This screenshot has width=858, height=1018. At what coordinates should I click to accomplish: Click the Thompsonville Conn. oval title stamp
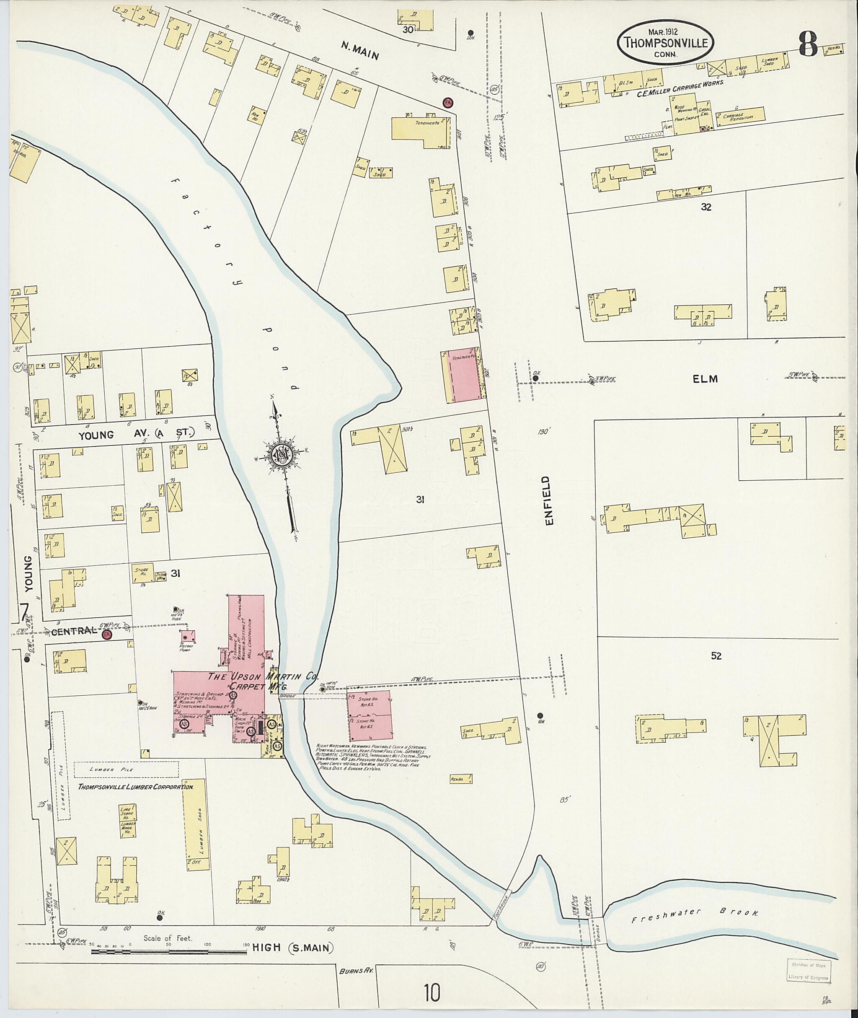coord(666,42)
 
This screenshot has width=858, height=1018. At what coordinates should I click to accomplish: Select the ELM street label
coord(706,379)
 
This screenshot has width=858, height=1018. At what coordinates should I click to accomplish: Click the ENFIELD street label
coord(550,501)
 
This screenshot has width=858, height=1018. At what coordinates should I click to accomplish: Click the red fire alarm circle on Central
coord(107,635)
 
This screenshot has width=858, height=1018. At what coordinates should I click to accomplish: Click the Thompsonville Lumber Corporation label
coord(136,786)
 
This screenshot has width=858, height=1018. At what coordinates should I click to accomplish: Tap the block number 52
coord(716,656)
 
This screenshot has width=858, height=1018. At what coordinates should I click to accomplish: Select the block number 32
coord(706,207)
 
